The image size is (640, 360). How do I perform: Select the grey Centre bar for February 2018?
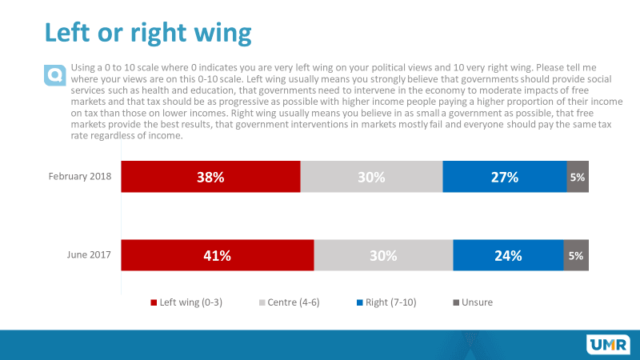(371, 177)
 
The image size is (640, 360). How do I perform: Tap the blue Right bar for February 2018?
(505, 177)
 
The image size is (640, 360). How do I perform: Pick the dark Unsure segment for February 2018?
(578, 177)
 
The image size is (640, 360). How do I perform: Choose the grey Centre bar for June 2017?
(383, 256)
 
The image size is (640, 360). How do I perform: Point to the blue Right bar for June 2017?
(508, 256)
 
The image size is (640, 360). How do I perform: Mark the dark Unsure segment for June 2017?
(576, 256)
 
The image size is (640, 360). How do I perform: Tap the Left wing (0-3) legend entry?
(188, 302)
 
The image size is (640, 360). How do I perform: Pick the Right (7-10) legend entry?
(390, 302)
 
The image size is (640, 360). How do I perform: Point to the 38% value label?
(210, 178)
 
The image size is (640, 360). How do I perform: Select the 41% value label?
(217, 257)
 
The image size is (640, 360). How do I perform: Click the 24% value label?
(508, 257)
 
